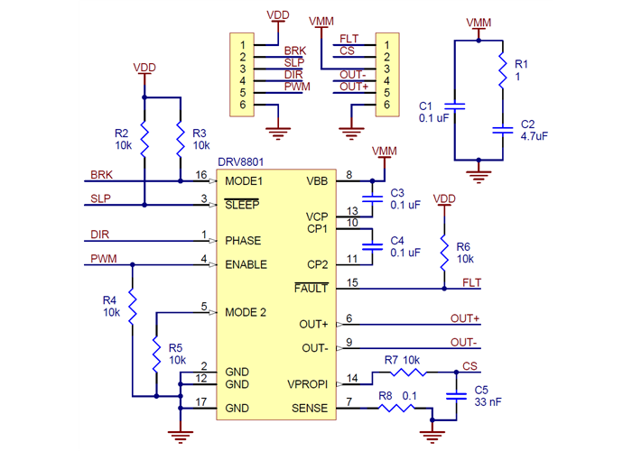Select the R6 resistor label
(463, 246)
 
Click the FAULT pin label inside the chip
(311, 289)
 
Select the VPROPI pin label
(308, 383)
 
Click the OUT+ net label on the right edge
(464, 318)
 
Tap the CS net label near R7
(469, 366)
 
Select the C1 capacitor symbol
(454, 107)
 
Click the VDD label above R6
(444, 198)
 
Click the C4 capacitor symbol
(370, 246)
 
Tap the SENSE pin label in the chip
(310, 409)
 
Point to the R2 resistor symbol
(144, 137)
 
